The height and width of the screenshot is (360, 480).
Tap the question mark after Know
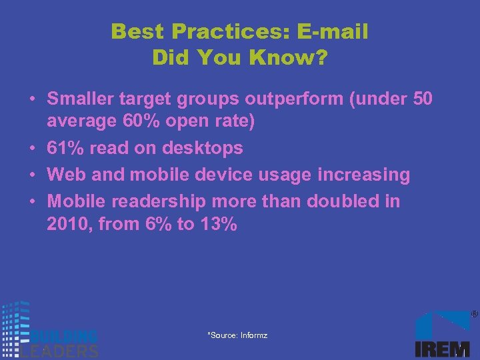321,58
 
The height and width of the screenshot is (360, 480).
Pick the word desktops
203,147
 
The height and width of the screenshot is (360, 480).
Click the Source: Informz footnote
237,335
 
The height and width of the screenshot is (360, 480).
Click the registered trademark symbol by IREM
474,313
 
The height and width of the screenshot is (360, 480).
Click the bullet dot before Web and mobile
32,175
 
